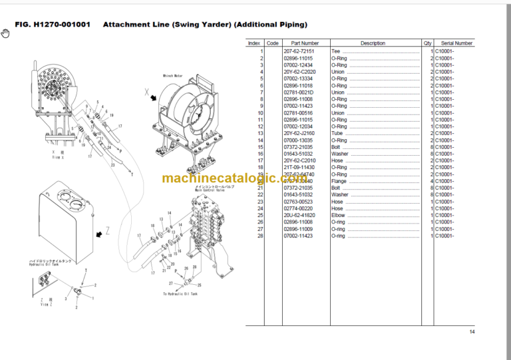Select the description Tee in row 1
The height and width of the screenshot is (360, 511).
pyautogui.click(x=335, y=51)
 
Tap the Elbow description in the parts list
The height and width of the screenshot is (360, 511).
pyautogui.click(x=338, y=216)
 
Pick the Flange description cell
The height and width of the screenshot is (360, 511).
pyautogui.click(x=339, y=181)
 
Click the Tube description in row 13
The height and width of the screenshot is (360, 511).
pyautogui.click(x=337, y=133)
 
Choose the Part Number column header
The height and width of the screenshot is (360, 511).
pyautogui.click(x=305, y=43)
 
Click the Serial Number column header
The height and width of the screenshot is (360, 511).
pyautogui.click(x=456, y=43)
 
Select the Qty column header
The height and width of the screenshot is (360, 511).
pyautogui.click(x=427, y=43)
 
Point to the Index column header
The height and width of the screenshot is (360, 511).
pyautogui.click(x=254, y=43)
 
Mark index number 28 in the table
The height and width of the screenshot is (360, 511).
pyautogui.click(x=261, y=236)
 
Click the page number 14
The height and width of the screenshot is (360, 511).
pyautogui.click(x=472, y=332)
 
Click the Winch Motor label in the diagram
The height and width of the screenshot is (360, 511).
pyautogui.click(x=174, y=77)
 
